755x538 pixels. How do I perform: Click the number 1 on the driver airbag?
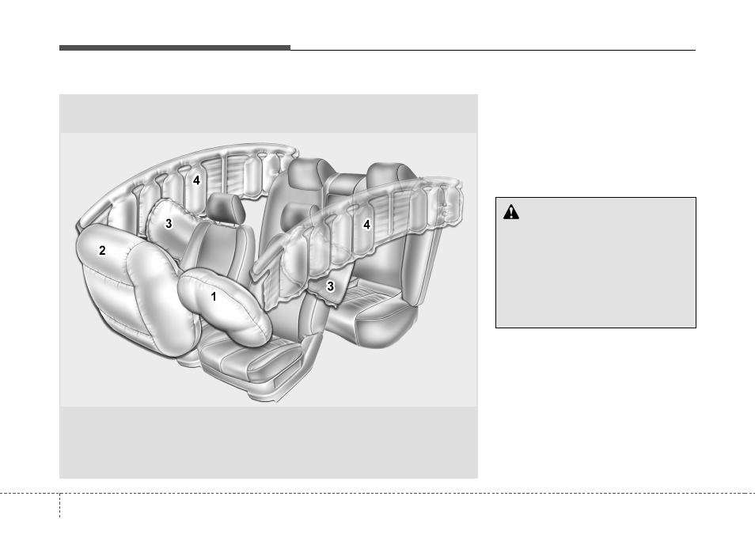214,297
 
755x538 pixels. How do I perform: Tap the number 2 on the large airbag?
102,250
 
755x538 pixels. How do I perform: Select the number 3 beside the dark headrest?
169,224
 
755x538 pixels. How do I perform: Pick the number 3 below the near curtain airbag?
330,286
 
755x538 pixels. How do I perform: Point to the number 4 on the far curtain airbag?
196,180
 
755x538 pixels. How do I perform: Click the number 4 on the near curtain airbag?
367,225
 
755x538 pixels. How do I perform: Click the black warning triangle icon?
511,212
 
